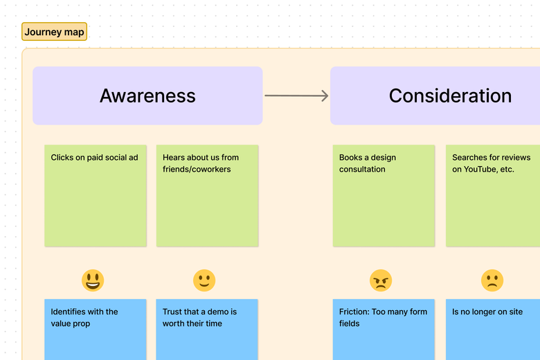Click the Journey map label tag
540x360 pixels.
click(x=55, y=32)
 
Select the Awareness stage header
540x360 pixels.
click(x=147, y=96)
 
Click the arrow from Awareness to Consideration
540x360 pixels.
click(x=296, y=96)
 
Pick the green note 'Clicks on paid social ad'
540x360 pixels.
click(x=96, y=196)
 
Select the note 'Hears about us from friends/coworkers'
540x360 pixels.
click(x=207, y=196)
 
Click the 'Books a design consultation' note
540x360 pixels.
click(x=384, y=196)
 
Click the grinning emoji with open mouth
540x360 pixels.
click(x=92, y=280)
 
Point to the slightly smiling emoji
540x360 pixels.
click(x=204, y=280)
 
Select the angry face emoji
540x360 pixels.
click(x=381, y=280)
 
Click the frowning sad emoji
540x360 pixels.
click(x=492, y=280)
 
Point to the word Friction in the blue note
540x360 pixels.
click(x=353, y=312)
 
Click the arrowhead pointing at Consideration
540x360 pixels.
click(x=324, y=96)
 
